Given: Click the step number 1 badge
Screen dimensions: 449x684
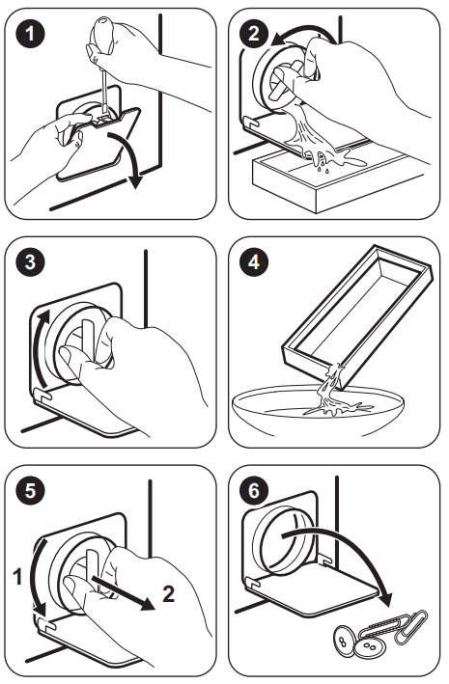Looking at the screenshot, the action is [x=30, y=33].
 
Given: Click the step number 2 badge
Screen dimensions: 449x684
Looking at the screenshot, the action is [x=253, y=33].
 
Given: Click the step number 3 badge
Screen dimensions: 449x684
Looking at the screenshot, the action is [x=30, y=262].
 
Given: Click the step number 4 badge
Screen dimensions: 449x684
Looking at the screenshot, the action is [x=253, y=262].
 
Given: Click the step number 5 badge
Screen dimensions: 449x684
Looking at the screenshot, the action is [x=30, y=490].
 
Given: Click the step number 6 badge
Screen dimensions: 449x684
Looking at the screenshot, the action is [x=253, y=490].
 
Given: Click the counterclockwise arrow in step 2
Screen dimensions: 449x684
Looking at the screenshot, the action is [x=301, y=33].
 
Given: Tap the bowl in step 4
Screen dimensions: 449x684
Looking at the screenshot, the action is [x=318, y=409].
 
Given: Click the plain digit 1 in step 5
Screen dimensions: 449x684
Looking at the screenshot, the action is [x=17, y=576].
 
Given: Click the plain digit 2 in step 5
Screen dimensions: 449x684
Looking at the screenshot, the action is [x=169, y=593].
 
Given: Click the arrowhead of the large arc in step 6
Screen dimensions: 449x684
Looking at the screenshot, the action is [x=385, y=597].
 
